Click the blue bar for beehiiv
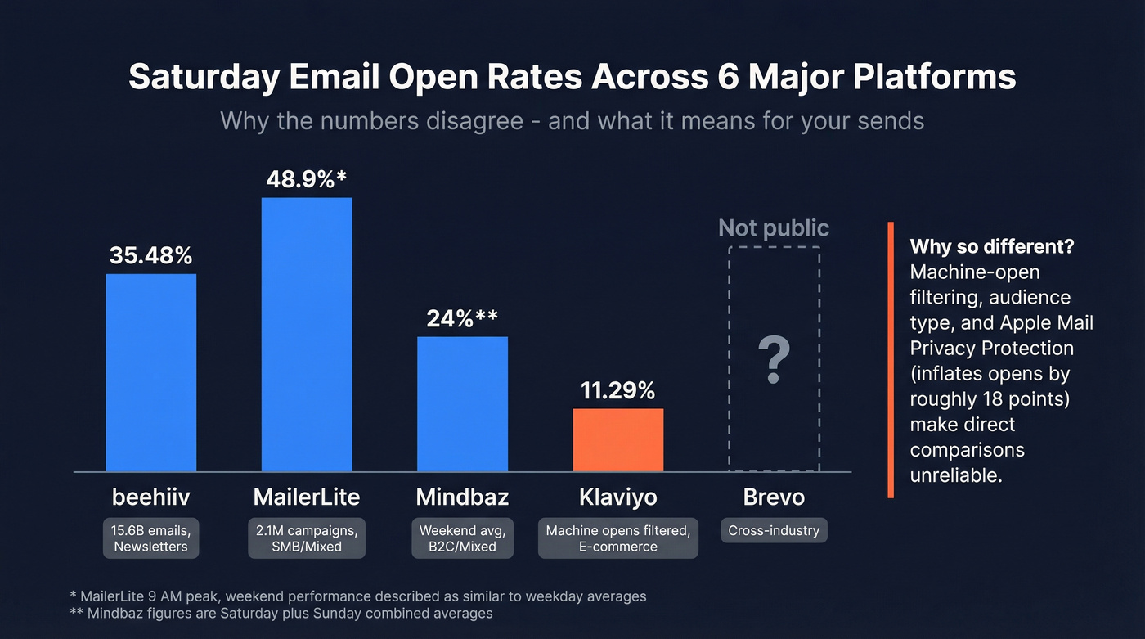pos(151,372)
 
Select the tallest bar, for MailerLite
pos(307,335)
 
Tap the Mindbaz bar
pos(462,404)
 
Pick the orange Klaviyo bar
pos(617,440)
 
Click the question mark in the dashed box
pos(774,360)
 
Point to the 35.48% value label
pos(151,256)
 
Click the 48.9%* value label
pos(308,180)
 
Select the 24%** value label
pos(462,318)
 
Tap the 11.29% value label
pos(617,390)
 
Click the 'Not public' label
pos(774,228)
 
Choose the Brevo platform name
pos(774,497)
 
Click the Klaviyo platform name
pos(617,497)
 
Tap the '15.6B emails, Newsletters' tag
pos(151,538)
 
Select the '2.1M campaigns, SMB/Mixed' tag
pos(307,538)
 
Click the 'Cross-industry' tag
pos(774,530)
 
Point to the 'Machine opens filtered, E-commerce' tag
pos(617,538)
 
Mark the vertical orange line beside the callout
pos(891,360)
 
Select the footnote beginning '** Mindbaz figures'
pos(282,613)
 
